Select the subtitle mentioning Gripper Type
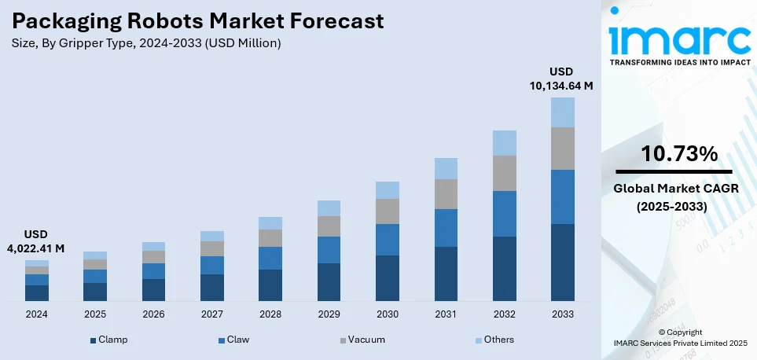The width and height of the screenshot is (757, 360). [146, 43]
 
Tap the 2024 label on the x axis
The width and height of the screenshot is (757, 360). [36, 314]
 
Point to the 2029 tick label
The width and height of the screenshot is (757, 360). [329, 314]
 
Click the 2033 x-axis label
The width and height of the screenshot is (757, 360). [562, 314]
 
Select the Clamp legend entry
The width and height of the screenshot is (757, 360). [109, 340]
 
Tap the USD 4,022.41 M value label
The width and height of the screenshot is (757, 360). [37, 242]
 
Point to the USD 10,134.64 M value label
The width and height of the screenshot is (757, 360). [560, 79]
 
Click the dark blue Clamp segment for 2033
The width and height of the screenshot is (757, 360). [562, 263]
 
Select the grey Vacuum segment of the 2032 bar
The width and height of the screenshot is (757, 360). [504, 173]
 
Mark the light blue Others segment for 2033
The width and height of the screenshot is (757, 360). [562, 112]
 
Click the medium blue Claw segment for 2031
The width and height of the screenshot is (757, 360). [446, 228]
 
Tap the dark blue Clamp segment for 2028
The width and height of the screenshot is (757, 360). [270, 285]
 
